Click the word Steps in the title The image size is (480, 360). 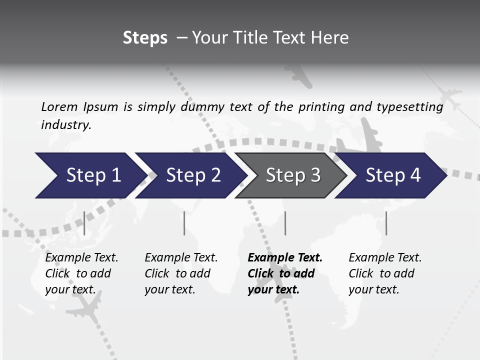pos(145,38)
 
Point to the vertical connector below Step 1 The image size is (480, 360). pos(84,223)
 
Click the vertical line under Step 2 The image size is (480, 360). pos(184,223)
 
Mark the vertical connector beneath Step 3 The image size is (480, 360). pos(285,223)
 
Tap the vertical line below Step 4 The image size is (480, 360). pos(386,223)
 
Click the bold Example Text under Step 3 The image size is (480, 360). pos(284,273)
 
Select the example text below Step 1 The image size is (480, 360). pos(81,273)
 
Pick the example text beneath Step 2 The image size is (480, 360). pos(180,273)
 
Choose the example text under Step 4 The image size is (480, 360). pos(384,273)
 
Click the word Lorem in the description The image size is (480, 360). pos(59,106)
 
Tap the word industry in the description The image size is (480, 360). pos(66,125)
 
